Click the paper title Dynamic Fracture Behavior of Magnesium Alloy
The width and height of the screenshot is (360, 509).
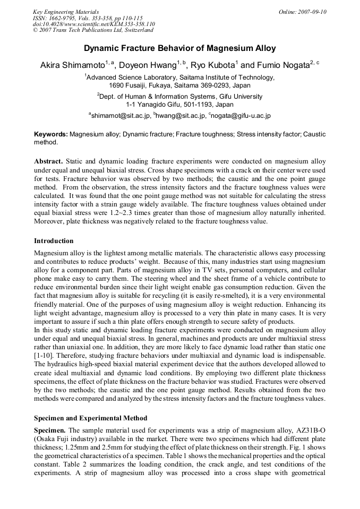[x=180, y=48]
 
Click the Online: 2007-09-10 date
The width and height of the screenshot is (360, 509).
[x=302, y=12]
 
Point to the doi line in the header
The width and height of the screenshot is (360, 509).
[x=94, y=24]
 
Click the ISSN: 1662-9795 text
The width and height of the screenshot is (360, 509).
[x=55, y=18]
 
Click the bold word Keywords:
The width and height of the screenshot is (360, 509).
[x=51, y=135]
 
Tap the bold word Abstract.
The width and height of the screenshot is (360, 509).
[x=49, y=161]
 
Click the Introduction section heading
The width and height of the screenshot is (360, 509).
[x=54, y=241]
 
